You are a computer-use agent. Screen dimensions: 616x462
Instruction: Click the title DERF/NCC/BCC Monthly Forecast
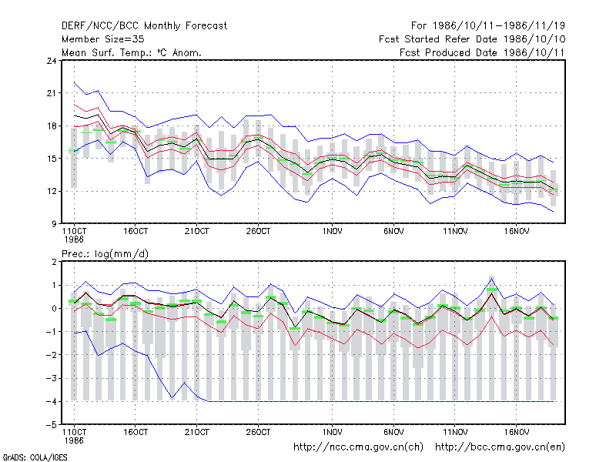point(144,26)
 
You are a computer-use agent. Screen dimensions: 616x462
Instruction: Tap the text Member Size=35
point(103,39)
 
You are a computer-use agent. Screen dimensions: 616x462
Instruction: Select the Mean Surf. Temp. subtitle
point(131,52)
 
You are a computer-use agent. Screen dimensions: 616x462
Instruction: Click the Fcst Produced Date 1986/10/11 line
point(482,52)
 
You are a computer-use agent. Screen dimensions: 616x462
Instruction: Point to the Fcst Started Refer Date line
point(472,39)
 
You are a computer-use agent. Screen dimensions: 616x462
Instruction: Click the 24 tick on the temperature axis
point(52,61)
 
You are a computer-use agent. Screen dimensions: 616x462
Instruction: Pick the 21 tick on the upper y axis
point(52,93)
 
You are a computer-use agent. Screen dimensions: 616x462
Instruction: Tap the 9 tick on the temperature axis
point(54,224)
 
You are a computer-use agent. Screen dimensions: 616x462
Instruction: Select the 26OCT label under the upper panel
point(258,231)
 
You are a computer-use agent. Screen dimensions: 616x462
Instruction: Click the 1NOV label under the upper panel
point(333,231)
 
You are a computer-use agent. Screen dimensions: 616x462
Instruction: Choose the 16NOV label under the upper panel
point(517,231)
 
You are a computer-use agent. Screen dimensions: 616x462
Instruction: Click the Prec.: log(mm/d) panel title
point(105,254)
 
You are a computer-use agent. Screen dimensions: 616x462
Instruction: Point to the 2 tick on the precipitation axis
point(54,262)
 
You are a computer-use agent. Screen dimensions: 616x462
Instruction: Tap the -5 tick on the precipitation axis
point(52,425)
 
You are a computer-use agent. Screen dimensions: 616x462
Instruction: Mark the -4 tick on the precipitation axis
point(52,401)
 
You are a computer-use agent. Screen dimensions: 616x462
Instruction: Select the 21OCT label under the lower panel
point(197,432)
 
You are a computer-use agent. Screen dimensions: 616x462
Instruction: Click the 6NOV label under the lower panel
point(393,432)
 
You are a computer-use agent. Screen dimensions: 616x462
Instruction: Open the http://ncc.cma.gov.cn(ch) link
point(359,447)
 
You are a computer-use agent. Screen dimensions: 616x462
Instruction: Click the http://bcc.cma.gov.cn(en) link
point(500,447)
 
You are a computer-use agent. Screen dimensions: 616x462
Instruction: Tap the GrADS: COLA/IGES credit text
point(35,457)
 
